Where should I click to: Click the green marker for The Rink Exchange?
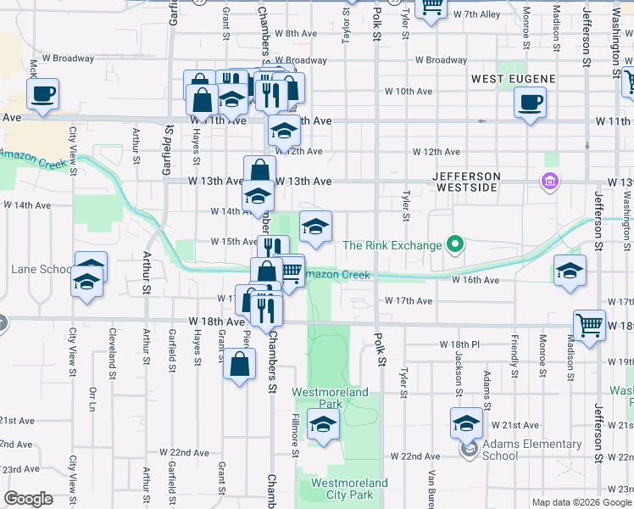[x=455, y=246]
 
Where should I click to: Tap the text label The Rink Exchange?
[x=392, y=246]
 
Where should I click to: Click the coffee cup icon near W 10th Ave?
[x=530, y=103]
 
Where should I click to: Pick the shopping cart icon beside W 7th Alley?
[x=432, y=6]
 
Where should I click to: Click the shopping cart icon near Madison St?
[x=589, y=323]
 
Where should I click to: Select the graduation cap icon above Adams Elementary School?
[x=466, y=422]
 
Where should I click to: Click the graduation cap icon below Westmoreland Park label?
[x=322, y=425]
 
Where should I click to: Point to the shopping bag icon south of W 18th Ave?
[x=240, y=364]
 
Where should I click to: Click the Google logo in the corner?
[x=28, y=499]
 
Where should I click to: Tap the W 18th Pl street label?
[x=459, y=344]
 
